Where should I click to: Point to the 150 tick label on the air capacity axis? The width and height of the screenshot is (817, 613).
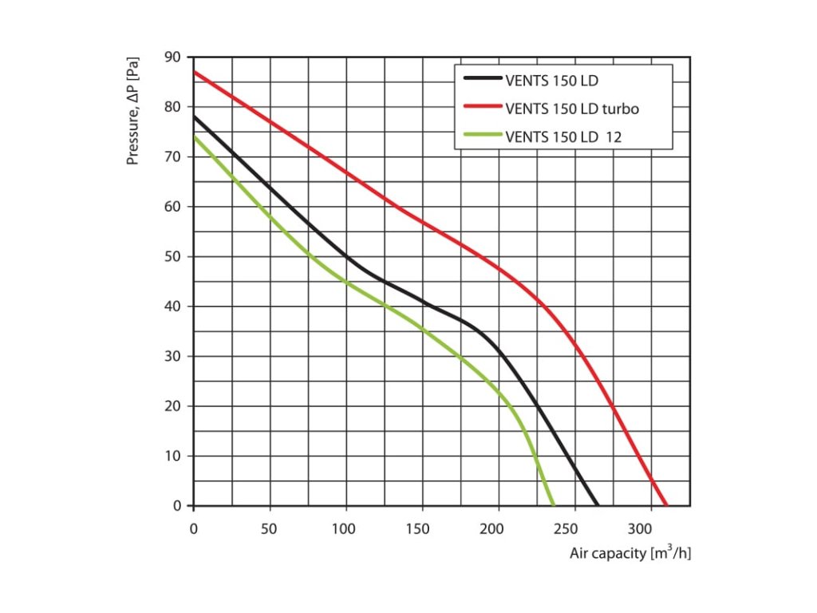422,528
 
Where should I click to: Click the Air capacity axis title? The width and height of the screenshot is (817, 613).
630,552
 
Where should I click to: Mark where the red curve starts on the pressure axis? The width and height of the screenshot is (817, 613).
195,73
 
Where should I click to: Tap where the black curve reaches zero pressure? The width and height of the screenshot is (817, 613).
597,505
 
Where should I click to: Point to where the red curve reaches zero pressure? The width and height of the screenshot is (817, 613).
666,505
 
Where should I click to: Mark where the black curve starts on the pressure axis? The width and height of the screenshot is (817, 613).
195,117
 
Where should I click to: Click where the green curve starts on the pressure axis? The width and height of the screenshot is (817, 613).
195,137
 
